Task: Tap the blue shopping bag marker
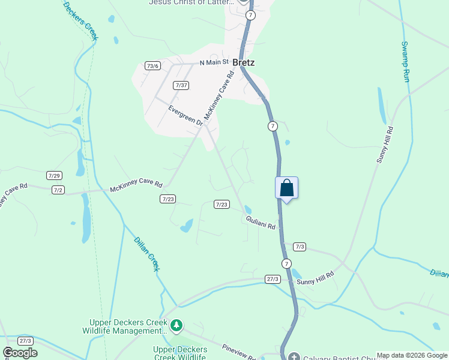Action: coord(287,188)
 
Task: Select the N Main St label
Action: coord(214,62)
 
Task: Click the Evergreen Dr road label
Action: coord(185,116)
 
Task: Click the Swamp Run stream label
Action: coord(406,62)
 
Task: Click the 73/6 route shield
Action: coord(152,66)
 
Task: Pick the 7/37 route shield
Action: coord(181,85)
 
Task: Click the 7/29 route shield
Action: coord(54,175)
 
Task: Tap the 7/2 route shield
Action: coord(58,190)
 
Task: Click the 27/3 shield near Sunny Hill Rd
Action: coord(273,279)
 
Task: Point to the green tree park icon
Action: coord(176,326)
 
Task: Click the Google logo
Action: coord(20,353)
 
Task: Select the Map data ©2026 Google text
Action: coord(412,355)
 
